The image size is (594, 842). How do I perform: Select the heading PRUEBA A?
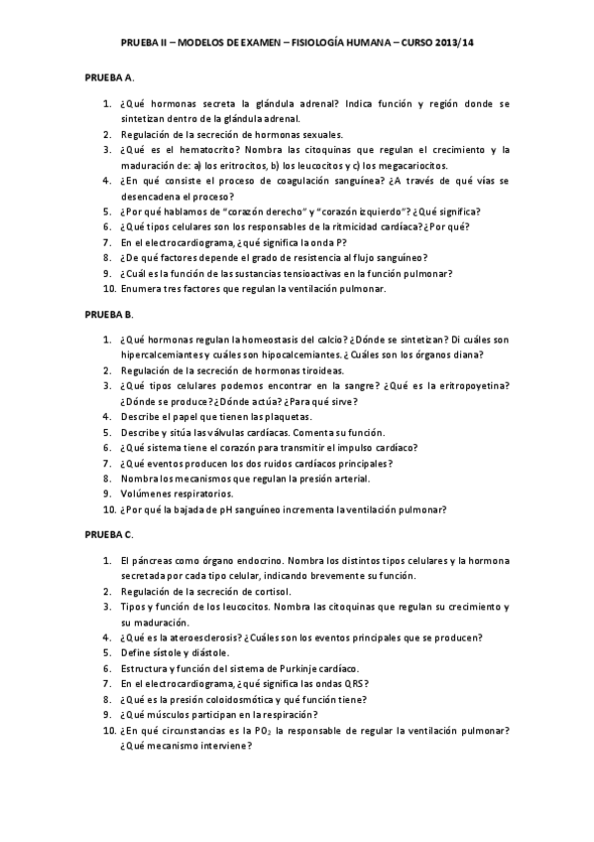[107, 76]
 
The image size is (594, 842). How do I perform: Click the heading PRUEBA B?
[107, 314]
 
